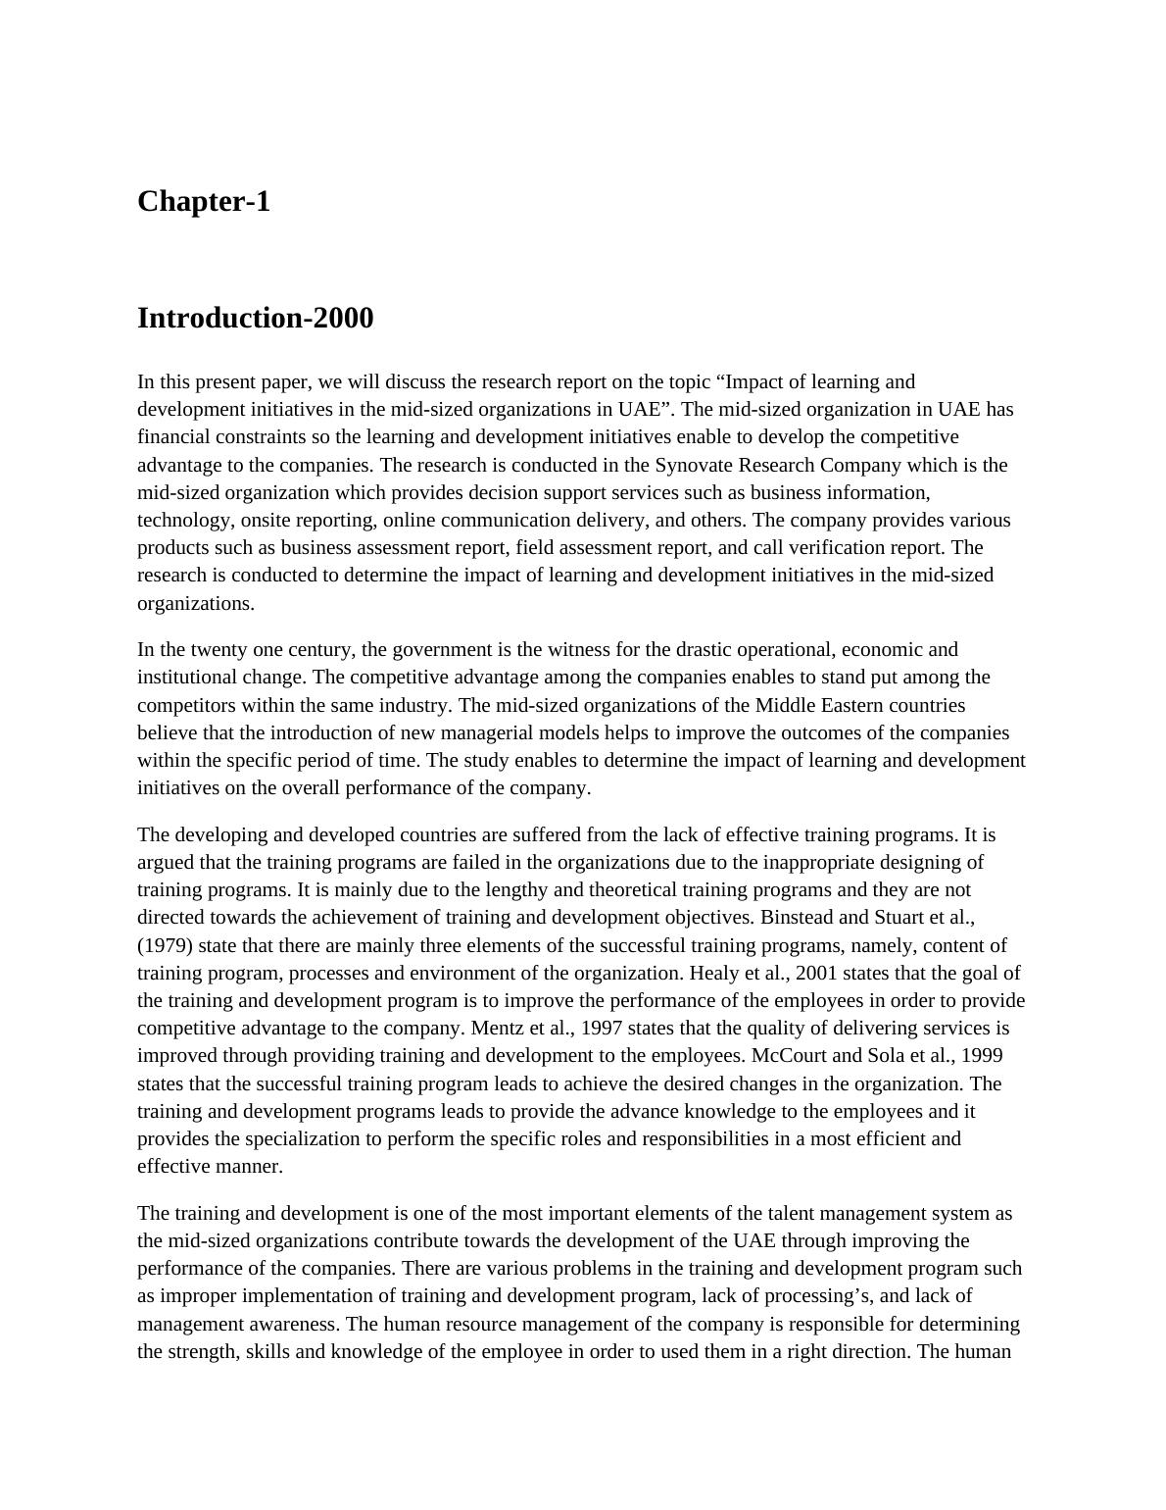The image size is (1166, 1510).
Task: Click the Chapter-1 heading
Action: coord(203,202)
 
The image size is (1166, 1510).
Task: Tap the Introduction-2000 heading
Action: coord(255,319)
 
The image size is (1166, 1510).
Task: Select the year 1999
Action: coord(981,1056)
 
